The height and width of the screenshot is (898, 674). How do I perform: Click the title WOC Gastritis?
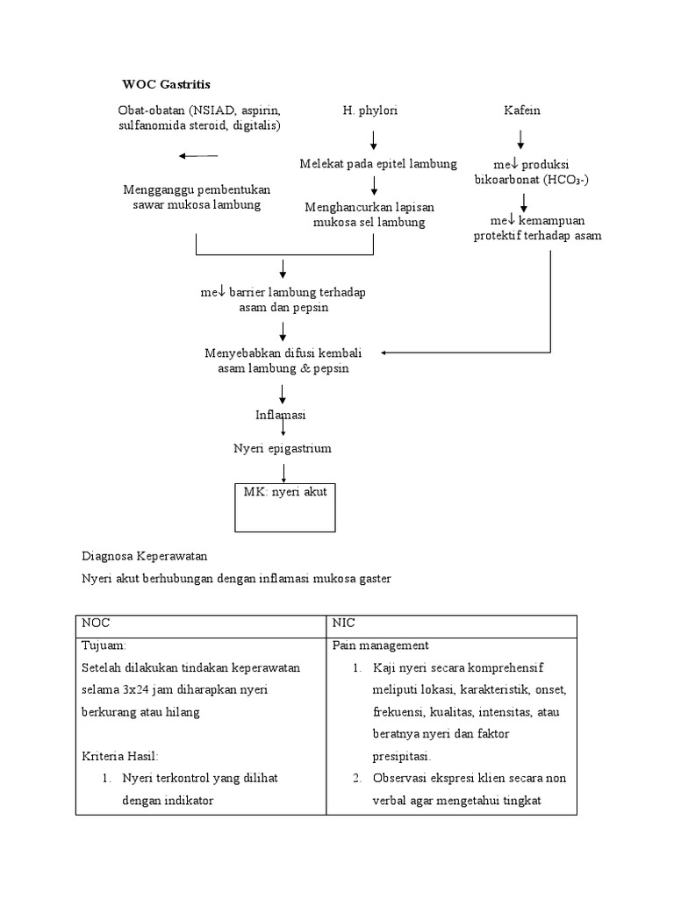pos(166,84)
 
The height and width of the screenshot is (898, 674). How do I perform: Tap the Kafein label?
pos(521,110)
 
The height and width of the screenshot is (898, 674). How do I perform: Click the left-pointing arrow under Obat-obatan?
pos(197,156)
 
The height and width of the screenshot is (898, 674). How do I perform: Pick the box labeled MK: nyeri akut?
pos(284,507)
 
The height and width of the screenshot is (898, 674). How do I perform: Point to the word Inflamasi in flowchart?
pos(281,414)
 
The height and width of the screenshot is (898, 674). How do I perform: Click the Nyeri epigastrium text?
pos(282,448)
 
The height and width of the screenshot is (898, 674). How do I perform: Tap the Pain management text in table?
pos(380,645)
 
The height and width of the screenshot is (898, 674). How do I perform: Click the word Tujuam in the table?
pos(104,645)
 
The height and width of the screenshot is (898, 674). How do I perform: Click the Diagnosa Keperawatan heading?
pos(145,556)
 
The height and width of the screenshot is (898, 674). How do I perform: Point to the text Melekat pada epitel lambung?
pos(377,164)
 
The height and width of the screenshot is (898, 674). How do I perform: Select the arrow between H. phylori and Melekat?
pos(374,139)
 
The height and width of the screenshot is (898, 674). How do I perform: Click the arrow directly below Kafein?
pos(521,139)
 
